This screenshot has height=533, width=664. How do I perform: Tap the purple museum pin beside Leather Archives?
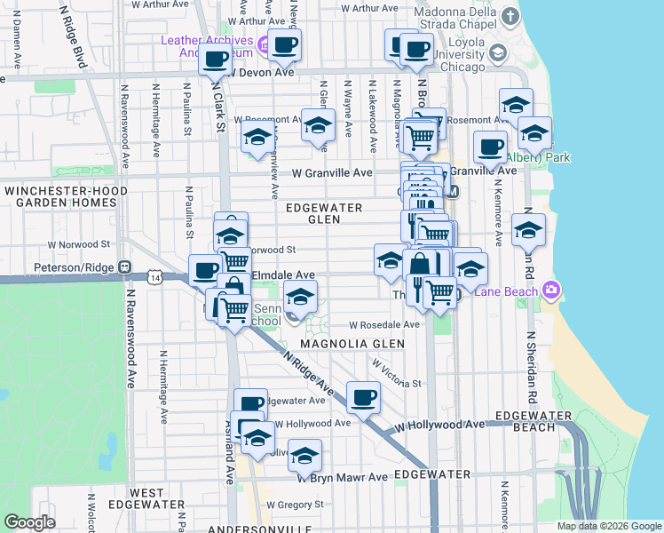tap(264, 44)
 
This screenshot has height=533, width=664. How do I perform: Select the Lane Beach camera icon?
tap(552, 290)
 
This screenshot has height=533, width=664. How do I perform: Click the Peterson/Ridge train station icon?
tap(126, 266)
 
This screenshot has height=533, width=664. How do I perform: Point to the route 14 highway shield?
tap(156, 278)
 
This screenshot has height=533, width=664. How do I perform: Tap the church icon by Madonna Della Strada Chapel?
tap(510, 17)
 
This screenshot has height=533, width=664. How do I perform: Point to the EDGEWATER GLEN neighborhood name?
tap(324, 212)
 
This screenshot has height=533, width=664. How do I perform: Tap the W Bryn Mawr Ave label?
tap(343, 477)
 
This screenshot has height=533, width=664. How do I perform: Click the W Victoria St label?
tap(396, 374)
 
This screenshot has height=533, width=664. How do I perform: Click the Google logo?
tap(29, 523)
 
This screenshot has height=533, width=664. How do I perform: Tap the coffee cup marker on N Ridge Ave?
tap(363, 397)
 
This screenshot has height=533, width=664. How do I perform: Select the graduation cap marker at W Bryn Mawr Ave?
tap(304, 455)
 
